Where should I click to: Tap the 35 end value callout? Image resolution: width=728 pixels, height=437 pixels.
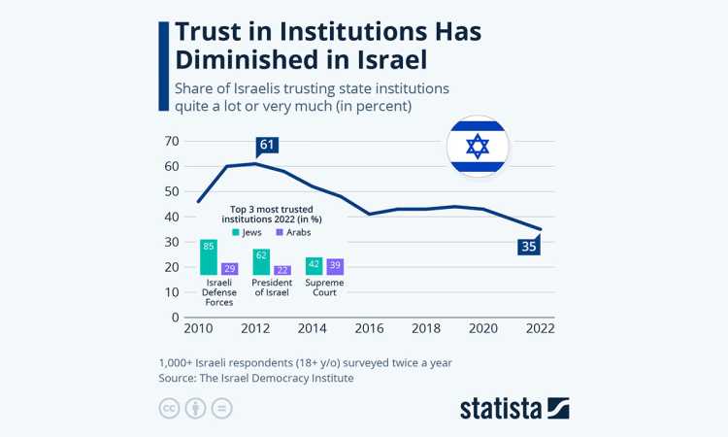527,247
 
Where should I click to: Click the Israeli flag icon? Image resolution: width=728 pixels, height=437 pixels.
477,147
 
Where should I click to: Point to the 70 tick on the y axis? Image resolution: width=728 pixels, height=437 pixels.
171,141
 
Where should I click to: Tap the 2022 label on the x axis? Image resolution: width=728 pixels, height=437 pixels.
539,329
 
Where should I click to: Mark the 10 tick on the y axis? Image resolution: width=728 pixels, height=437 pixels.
171,292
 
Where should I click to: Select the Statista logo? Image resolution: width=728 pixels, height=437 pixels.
514,407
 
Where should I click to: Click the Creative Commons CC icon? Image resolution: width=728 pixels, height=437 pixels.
170,408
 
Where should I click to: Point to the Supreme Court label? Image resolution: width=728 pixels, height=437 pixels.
324,287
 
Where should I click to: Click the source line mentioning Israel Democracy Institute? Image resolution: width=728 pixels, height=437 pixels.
256,378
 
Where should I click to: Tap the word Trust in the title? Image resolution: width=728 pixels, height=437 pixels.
217,30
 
